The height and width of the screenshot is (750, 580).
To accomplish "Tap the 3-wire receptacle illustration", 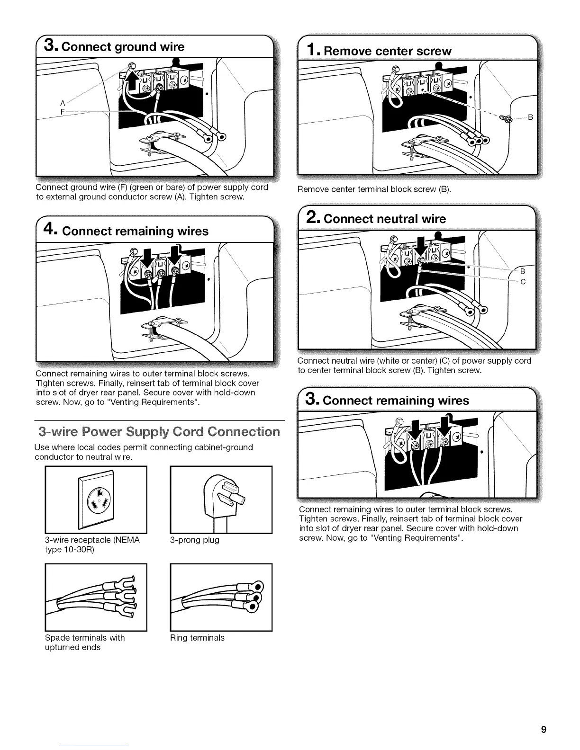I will point(96,499).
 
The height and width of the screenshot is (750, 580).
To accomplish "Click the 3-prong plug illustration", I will point(221,499).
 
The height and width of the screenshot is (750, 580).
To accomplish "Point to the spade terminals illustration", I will point(96,597).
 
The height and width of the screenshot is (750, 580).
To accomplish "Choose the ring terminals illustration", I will point(221,597).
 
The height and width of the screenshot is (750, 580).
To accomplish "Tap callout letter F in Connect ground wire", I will point(62,112).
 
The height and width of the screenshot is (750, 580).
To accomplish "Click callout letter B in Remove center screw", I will point(530,117).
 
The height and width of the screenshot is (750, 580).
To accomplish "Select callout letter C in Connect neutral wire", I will point(523,282).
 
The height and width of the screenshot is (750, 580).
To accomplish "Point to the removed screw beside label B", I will point(507,118).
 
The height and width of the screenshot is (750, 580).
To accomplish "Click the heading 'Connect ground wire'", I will point(114,46).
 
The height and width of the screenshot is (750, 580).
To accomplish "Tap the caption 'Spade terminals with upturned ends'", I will point(85,643).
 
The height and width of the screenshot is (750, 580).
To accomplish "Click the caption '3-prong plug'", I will point(195,540).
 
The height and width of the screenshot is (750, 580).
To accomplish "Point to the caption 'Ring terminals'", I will point(197,638).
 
